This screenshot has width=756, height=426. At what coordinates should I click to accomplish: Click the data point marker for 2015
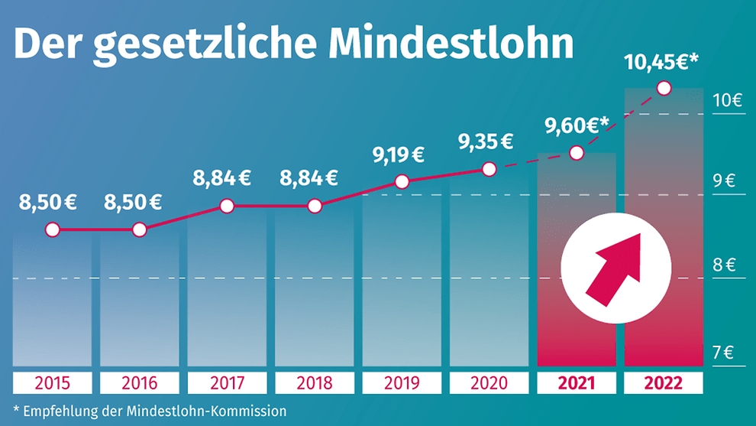52,229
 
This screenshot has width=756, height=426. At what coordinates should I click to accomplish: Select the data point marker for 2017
227,206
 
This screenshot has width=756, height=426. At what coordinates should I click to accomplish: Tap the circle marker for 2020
489,169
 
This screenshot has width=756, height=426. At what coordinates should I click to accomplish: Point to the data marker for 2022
664,89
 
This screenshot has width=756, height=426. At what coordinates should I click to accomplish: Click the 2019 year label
402,382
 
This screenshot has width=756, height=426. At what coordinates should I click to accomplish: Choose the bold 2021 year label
577,382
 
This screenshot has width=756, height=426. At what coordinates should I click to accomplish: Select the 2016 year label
139,382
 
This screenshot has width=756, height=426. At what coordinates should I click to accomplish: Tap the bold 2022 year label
664,382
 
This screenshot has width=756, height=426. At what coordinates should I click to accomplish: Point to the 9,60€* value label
576,125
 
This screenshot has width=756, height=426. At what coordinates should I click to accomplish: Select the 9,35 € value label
485,141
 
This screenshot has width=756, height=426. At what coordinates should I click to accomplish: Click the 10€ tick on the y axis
727,100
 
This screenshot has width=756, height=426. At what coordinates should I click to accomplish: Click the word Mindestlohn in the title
451,44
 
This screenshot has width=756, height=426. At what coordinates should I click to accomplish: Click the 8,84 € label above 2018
309,179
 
